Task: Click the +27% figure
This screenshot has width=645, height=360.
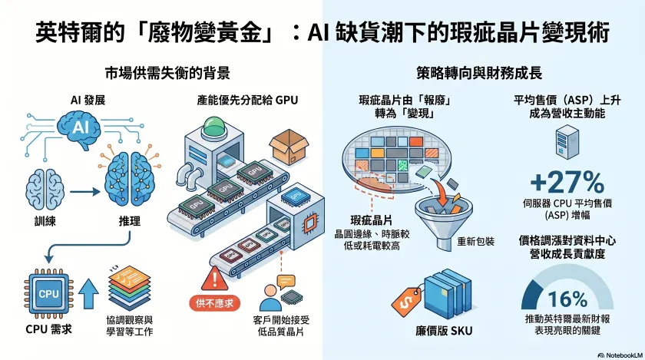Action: pos(567,182)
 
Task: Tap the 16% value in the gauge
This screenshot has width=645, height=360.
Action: pos(568,299)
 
